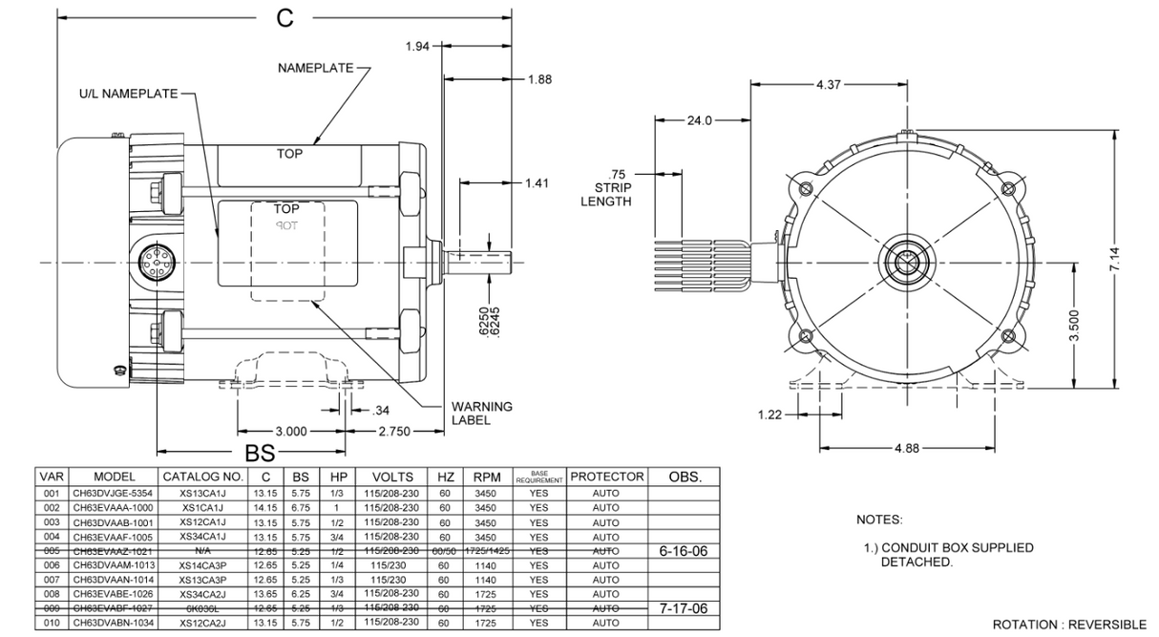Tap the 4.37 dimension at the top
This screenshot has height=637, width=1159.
829,85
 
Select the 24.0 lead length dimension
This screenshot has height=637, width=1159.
700,120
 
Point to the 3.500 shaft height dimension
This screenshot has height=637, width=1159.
1074,326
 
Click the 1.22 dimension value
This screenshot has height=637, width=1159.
769,415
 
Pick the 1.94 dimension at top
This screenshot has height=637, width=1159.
417,47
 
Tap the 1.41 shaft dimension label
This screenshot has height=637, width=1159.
537,182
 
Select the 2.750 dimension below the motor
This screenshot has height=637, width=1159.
393,432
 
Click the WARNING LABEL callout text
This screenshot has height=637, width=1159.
482,413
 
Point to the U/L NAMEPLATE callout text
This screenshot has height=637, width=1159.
128,94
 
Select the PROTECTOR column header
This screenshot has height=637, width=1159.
607,476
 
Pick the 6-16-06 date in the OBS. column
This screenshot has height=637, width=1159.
685,552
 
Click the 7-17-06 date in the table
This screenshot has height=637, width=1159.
685,608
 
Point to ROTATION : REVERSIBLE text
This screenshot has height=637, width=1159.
1069,624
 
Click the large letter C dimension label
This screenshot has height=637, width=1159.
284,19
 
